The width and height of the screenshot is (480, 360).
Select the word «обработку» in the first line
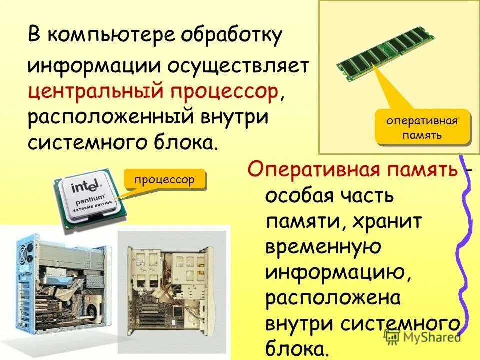tap(232, 36)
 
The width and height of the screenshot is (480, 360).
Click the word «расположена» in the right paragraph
tap(333, 298)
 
